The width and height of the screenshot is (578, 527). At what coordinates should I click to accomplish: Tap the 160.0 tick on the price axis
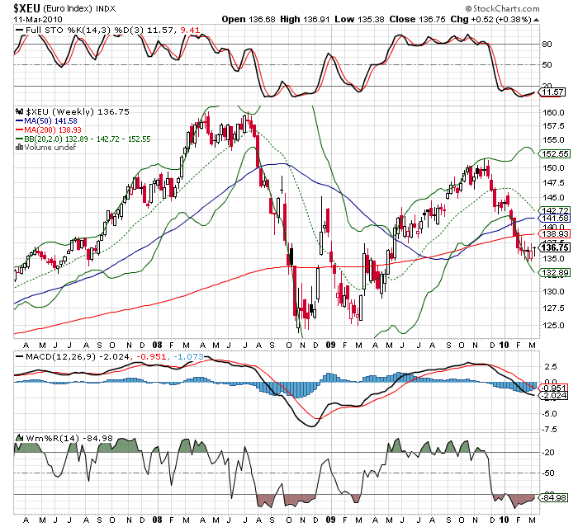(552, 112)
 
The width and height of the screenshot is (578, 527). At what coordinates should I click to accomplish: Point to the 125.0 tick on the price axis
(552, 323)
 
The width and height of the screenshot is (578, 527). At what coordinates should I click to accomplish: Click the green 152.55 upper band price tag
(552, 154)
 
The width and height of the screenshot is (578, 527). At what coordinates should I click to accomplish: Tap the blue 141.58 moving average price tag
(552, 219)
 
